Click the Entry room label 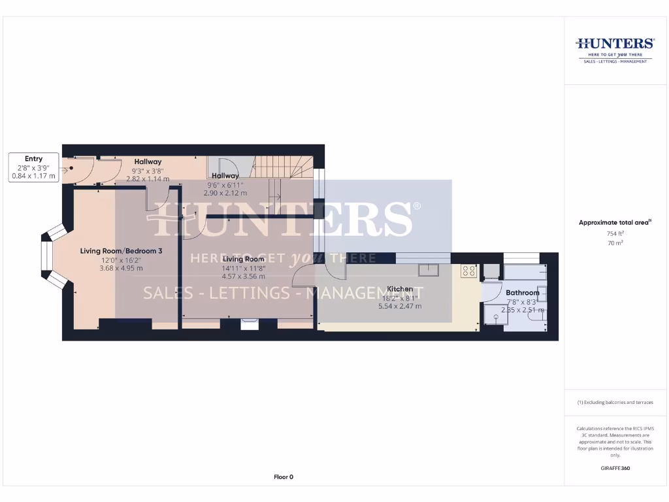coord(33,159)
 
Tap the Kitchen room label coord(400,289)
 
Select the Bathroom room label coord(523,293)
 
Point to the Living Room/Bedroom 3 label coord(121,251)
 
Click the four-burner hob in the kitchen coord(468,270)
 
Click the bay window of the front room coord(52,256)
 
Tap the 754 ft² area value coord(615,233)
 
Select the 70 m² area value coord(615,243)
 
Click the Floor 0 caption coord(283,477)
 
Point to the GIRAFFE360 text coord(615,468)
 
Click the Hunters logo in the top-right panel coord(614,44)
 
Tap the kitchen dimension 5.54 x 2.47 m coord(400,306)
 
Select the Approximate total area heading coord(614,223)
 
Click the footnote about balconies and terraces coord(615,403)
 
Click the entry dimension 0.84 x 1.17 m coord(34,176)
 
